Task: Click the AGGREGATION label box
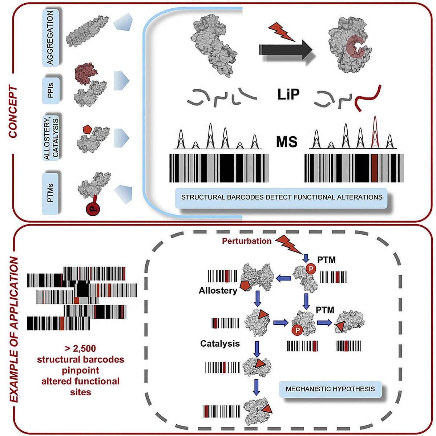[x=51, y=37]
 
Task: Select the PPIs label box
[x=51, y=91]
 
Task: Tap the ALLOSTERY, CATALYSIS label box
[x=51, y=138]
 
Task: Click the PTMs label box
[x=50, y=193]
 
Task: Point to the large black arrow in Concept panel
[x=286, y=49]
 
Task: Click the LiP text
[x=288, y=94]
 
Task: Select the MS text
[x=287, y=142]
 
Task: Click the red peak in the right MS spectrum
[x=375, y=132]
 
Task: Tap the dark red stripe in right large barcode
[x=375, y=168]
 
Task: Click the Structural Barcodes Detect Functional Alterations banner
[x=281, y=198]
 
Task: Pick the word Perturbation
[x=247, y=241]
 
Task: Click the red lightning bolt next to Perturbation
[x=288, y=245]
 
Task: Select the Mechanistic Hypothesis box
[x=330, y=389]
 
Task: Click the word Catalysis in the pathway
[x=220, y=343]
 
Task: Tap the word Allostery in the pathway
[x=218, y=290]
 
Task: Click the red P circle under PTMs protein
[x=93, y=209]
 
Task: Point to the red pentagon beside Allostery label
[x=245, y=286]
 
